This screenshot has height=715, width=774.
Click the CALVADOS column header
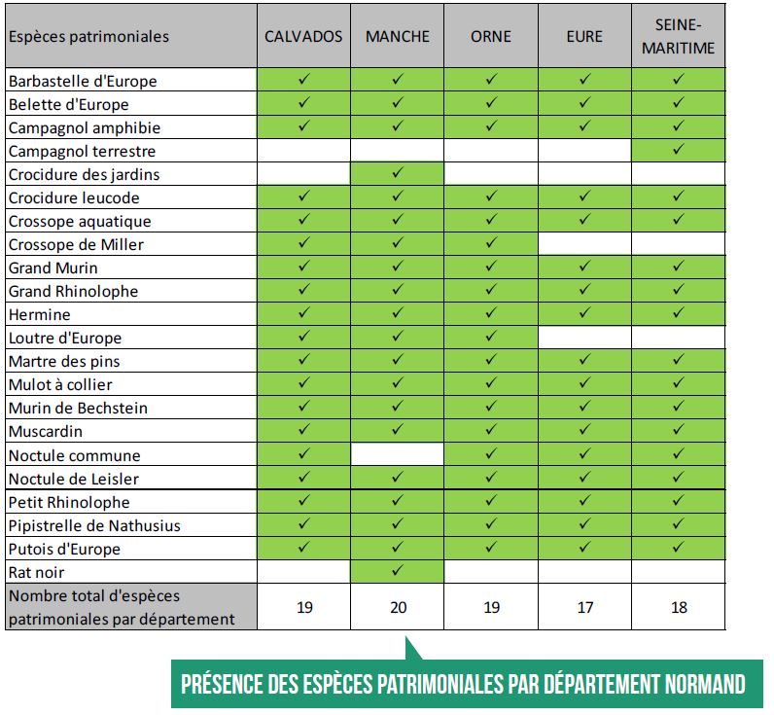coord(303,37)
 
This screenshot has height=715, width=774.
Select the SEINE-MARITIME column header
coord(679,37)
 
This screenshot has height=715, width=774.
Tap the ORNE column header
coord(491,37)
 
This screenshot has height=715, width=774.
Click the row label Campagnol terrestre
coord(82,151)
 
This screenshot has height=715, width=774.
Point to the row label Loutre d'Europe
coord(65,338)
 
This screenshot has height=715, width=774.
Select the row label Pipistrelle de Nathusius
coord(94,525)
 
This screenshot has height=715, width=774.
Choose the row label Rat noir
coord(37,572)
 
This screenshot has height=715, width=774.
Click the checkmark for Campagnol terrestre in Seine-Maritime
coord(679,149)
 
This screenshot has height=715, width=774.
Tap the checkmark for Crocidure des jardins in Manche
coord(398,172)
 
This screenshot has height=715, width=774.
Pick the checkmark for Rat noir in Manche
coord(398,570)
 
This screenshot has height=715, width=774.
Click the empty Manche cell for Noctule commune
coord(398,453)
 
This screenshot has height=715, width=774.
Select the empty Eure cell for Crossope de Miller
coord(584,244)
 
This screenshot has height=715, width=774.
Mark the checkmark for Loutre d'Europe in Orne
coord(491,336)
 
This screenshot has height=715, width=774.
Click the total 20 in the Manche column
coord(399,607)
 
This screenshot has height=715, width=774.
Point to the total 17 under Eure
coord(585,607)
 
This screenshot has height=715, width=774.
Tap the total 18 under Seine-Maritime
coord(680,607)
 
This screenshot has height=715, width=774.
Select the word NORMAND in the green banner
coord(705,685)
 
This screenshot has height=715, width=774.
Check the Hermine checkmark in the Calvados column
coord(303,312)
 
